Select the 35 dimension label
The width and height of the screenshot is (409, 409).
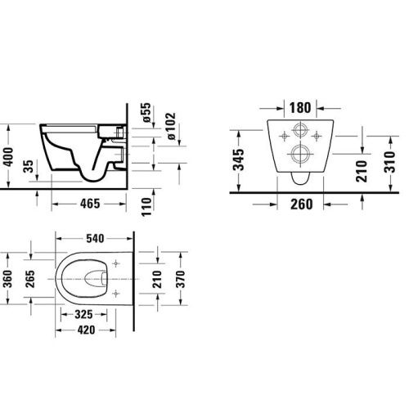(x=29, y=169)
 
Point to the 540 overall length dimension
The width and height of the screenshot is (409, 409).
(x=96, y=240)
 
